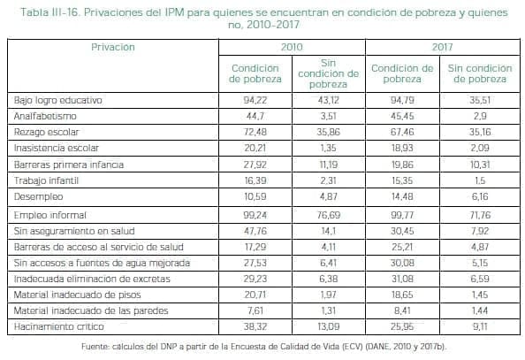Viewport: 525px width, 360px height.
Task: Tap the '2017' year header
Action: pyautogui.click(x=443, y=45)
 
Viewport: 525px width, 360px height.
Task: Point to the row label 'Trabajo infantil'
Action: pyautogui.click(x=45, y=181)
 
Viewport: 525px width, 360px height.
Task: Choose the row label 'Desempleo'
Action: pyautogui.click(x=36, y=197)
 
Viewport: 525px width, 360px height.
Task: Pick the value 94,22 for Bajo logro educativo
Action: pyautogui.click(x=255, y=100)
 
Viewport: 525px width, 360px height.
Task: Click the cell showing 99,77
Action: pyautogui.click(x=402, y=215)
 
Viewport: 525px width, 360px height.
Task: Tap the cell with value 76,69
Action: pyautogui.click(x=328, y=215)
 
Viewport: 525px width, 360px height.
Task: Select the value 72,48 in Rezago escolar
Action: pyautogui.click(x=255, y=133)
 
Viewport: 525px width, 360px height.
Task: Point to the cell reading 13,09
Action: pyautogui.click(x=328, y=327)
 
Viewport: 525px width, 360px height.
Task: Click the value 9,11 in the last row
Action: pyautogui.click(x=480, y=327)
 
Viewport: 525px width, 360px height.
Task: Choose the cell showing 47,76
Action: pyautogui.click(x=255, y=231)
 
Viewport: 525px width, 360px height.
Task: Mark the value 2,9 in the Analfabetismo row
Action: pyautogui.click(x=480, y=116)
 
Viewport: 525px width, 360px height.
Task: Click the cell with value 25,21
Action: pyautogui.click(x=402, y=247)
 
